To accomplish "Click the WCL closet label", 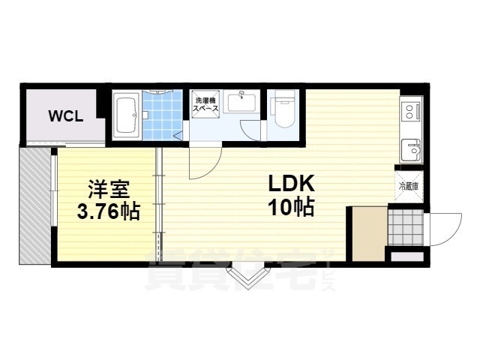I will coord(65,115).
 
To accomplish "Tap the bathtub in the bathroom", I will coord(127,115).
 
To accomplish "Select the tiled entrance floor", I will coord(405,224).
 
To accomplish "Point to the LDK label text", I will coord(291,184).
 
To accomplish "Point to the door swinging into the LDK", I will coord(204,161).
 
